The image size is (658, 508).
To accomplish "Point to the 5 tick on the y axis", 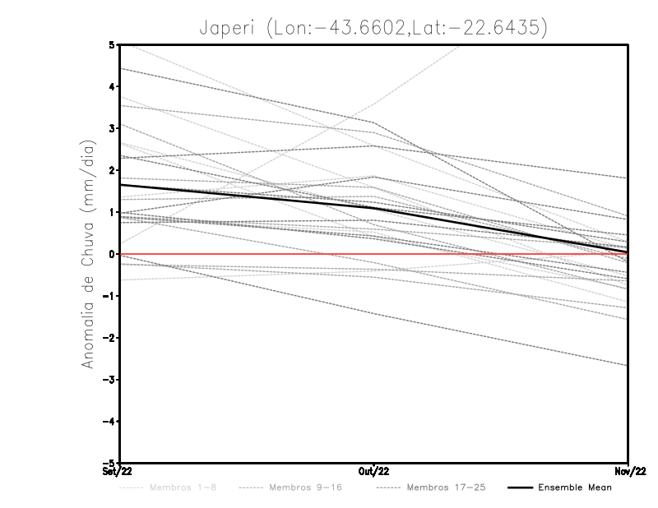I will click(x=111, y=44).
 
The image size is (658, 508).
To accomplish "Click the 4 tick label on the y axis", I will click(x=111, y=86).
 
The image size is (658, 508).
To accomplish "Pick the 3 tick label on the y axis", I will click(x=111, y=128).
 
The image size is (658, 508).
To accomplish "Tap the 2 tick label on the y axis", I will click(x=111, y=170).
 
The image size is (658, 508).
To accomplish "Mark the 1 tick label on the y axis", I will click(x=111, y=212).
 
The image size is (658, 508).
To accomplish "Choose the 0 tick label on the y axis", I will click(x=111, y=254).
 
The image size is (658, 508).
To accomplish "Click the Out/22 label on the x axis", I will click(x=374, y=471).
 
